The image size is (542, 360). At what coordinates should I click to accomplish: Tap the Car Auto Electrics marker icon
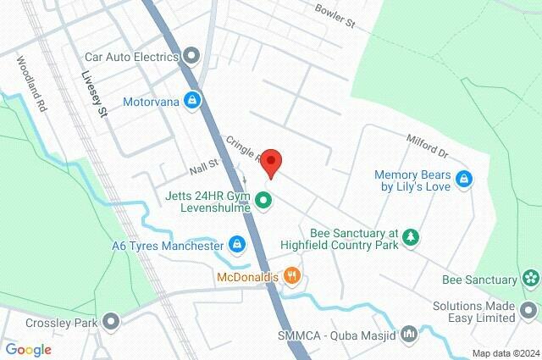192,57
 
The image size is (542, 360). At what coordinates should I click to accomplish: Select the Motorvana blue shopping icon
194,101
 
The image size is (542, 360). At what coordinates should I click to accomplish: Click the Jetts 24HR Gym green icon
263,201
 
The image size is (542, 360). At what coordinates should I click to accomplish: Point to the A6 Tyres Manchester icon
238,245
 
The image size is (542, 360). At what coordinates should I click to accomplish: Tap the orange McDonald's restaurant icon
291,274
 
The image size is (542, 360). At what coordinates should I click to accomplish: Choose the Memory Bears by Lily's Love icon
463,179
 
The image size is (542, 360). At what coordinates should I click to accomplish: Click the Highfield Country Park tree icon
411,235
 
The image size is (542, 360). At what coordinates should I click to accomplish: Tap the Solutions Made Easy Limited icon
530,318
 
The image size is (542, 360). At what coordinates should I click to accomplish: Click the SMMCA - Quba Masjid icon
409,334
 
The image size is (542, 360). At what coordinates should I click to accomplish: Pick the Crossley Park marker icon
110,322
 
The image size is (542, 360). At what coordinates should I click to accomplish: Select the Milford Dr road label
428,146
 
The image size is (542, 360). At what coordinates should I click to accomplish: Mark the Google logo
28,350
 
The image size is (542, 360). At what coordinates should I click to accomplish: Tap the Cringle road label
243,149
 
